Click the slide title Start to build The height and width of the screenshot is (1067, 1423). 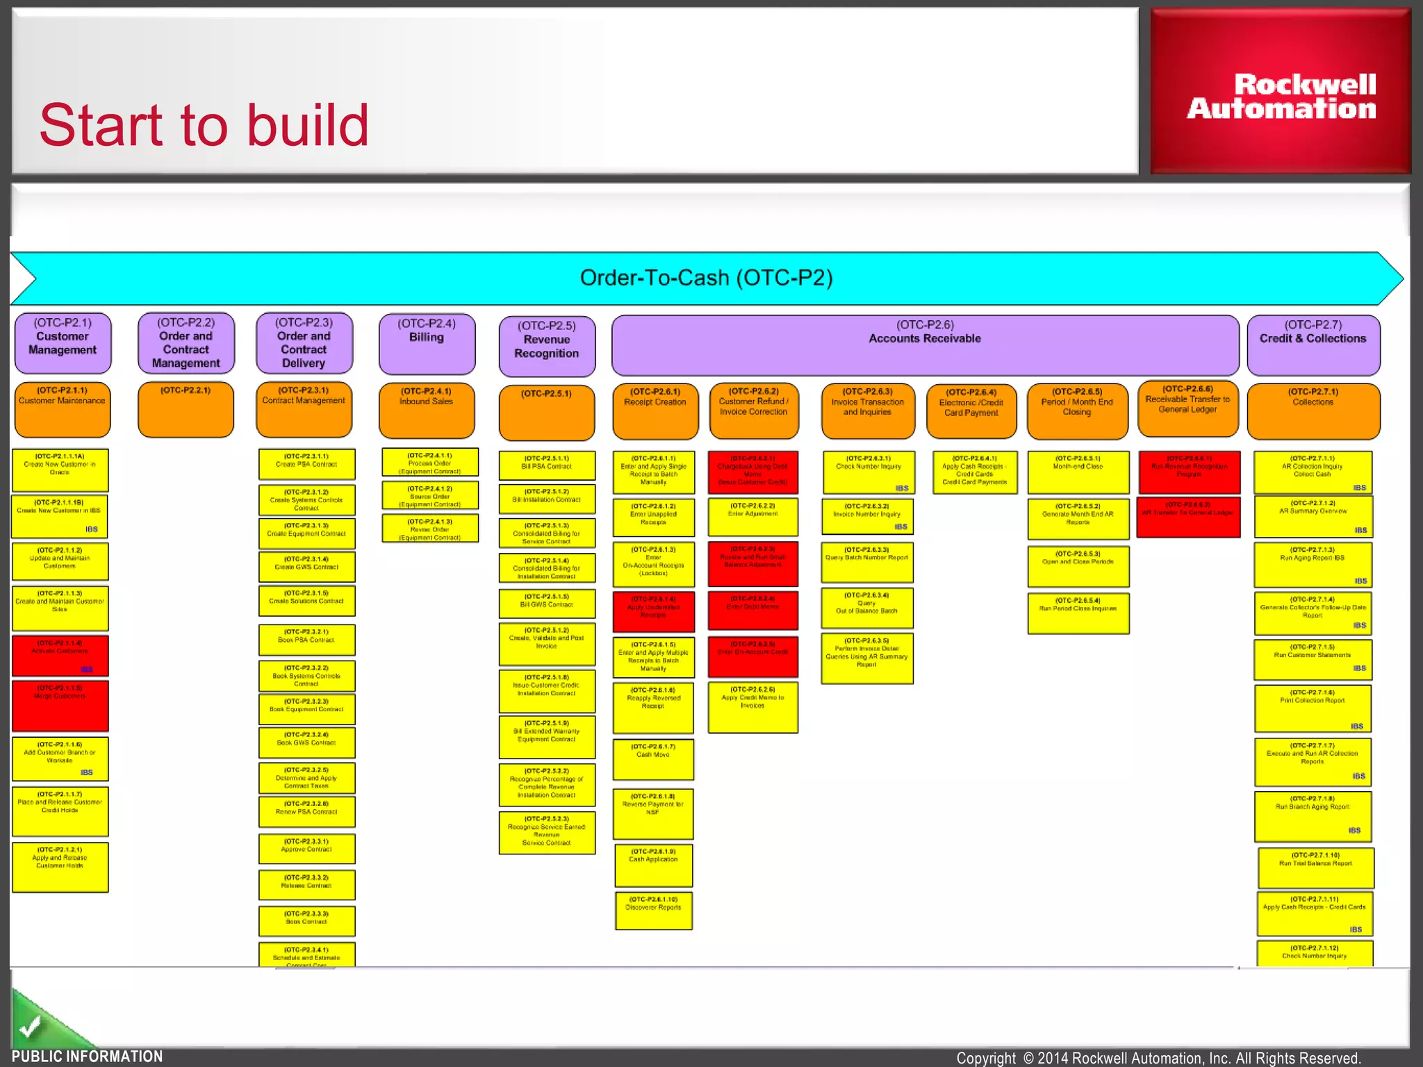pyautogui.click(x=204, y=126)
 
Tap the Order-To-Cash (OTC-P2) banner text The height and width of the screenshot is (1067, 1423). pyautogui.click(x=706, y=278)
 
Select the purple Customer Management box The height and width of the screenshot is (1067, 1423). pyautogui.click(x=63, y=342)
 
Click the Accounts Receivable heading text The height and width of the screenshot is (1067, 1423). pyautogui.click(x=924, y=338)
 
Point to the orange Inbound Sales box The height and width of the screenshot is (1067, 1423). pyautogui.click(x=426, y=410)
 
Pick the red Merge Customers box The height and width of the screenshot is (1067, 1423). pyautogui.click(x=60, y=705)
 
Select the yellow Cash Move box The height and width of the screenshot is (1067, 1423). pyautogui.click(x=652, y=759)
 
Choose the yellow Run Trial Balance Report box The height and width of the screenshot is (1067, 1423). pyautogui.click(x=1315, y=867)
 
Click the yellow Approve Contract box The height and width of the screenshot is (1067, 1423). pyautogui.click(x=306, y=848)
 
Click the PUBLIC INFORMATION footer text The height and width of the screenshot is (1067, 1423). pyautogui.click(x=87, y=1056)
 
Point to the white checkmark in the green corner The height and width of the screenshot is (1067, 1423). pyautogui.click(x=30, y=1026)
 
